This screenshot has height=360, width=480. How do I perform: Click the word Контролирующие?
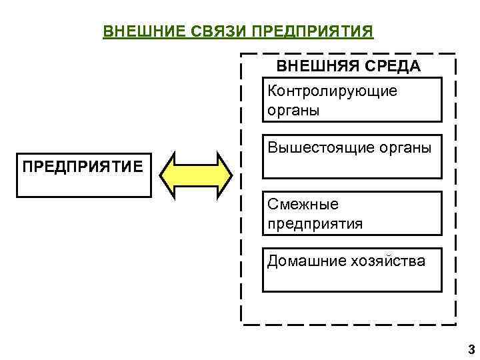pyautogui.click(x=332, y=91)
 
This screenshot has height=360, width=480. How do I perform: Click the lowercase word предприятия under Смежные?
pyautogui.click(x=315, y=223)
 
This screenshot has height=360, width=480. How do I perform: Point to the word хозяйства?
pyautogui.click(x=387, y=261)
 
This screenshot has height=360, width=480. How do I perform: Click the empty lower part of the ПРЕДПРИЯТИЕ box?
pyautogui.click(x=83, y=187)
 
